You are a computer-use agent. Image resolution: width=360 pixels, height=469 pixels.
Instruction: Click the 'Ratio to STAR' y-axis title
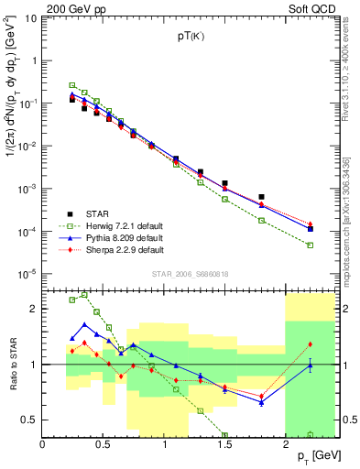pyautogui.click(x=12, y=365)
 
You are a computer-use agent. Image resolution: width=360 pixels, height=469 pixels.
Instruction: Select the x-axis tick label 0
pyautogui.click(x=43, y=443)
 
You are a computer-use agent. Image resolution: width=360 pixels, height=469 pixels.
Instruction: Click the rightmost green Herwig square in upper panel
pyautogui.click(x=311, y=245)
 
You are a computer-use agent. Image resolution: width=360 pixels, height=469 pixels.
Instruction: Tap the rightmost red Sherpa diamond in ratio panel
pyautogui.click(x=311, y=344)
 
